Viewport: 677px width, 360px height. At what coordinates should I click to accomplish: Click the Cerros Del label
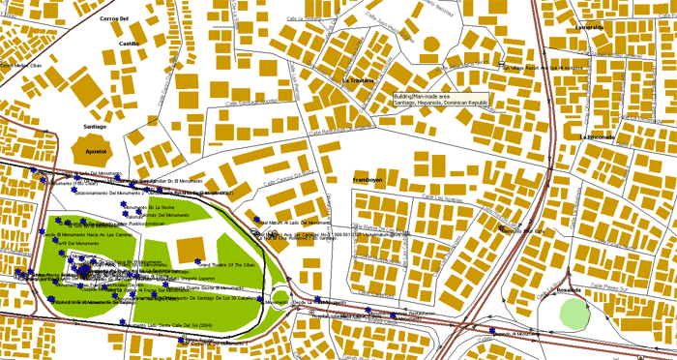point(114,18)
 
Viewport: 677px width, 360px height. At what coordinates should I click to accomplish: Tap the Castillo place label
point(129,44)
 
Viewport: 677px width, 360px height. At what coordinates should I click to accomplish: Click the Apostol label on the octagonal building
point(95,152)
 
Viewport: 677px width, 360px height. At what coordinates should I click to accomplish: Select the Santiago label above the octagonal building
point(95,126)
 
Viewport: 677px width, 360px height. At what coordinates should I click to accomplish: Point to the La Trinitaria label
point(360,80)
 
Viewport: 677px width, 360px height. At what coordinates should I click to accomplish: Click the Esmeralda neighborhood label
point(589,27)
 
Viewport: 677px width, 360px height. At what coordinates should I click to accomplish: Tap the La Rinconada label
point(596,136)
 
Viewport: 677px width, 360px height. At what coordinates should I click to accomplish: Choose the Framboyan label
point(368,180)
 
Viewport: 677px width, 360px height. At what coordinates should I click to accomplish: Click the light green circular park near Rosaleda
point(574,313)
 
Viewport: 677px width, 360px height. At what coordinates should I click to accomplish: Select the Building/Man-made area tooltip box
point(441,100)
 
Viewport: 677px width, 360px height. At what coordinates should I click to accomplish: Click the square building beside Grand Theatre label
point(188,248)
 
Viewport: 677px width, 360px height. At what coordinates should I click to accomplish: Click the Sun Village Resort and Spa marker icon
point(502,67)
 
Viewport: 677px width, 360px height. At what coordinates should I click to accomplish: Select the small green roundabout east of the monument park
point(280,297)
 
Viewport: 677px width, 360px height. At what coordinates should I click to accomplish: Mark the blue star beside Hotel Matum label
point(256,221)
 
